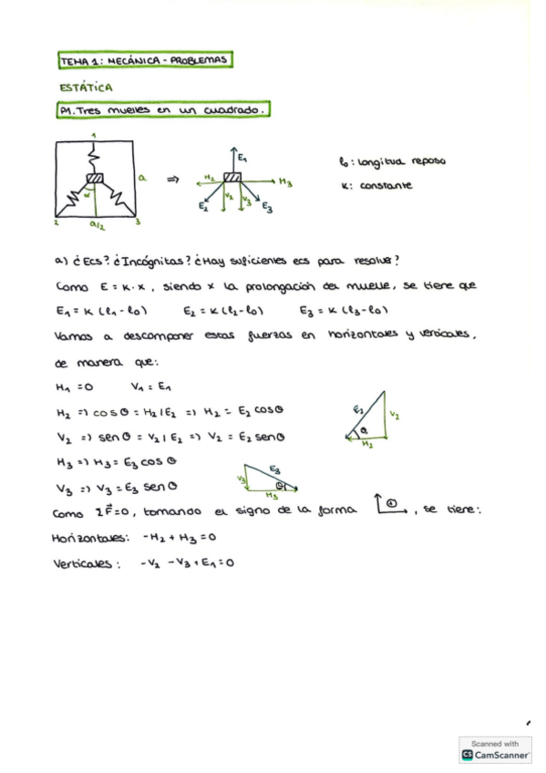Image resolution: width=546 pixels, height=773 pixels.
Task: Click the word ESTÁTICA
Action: [85, 88]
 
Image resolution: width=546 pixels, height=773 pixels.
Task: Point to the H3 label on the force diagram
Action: [285, 182]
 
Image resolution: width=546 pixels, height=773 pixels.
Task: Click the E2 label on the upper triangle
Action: [357, 407]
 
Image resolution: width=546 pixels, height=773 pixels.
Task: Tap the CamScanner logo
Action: [496, 756]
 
